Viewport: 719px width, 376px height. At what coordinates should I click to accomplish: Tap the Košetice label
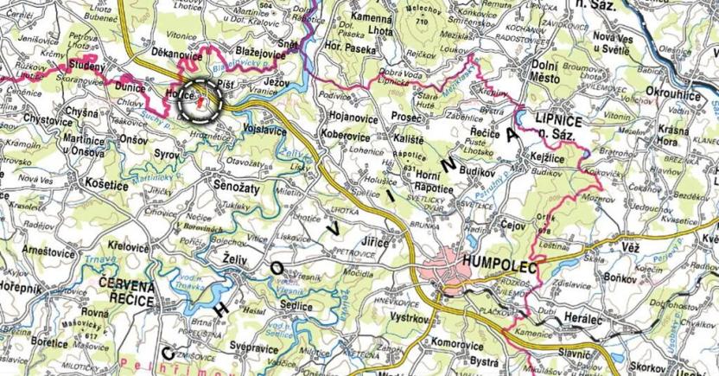click(108, 185)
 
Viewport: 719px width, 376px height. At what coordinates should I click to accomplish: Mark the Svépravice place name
click(257, 344)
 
